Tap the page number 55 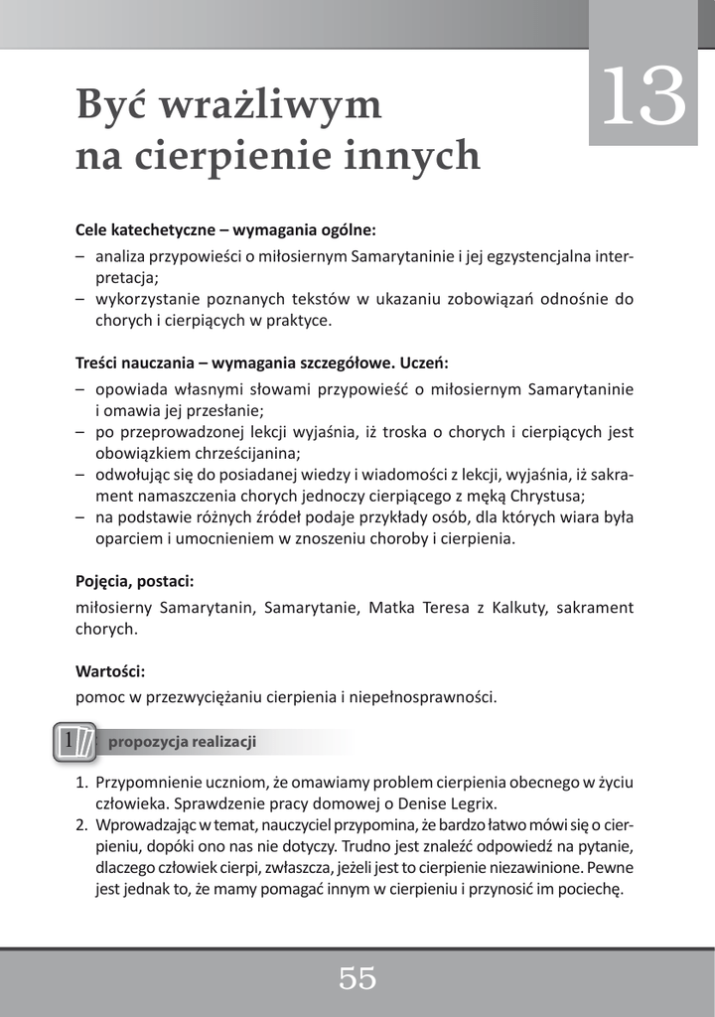(x=357, y=979)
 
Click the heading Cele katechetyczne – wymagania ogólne (x=225, y=229)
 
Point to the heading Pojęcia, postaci (x=134, y=580)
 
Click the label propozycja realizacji (x=183, y=742)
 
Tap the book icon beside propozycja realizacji (x=74, y=742)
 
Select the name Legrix (x=471, y=802)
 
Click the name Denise (x=408, y=802)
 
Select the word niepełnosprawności (x=421, y=697)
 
